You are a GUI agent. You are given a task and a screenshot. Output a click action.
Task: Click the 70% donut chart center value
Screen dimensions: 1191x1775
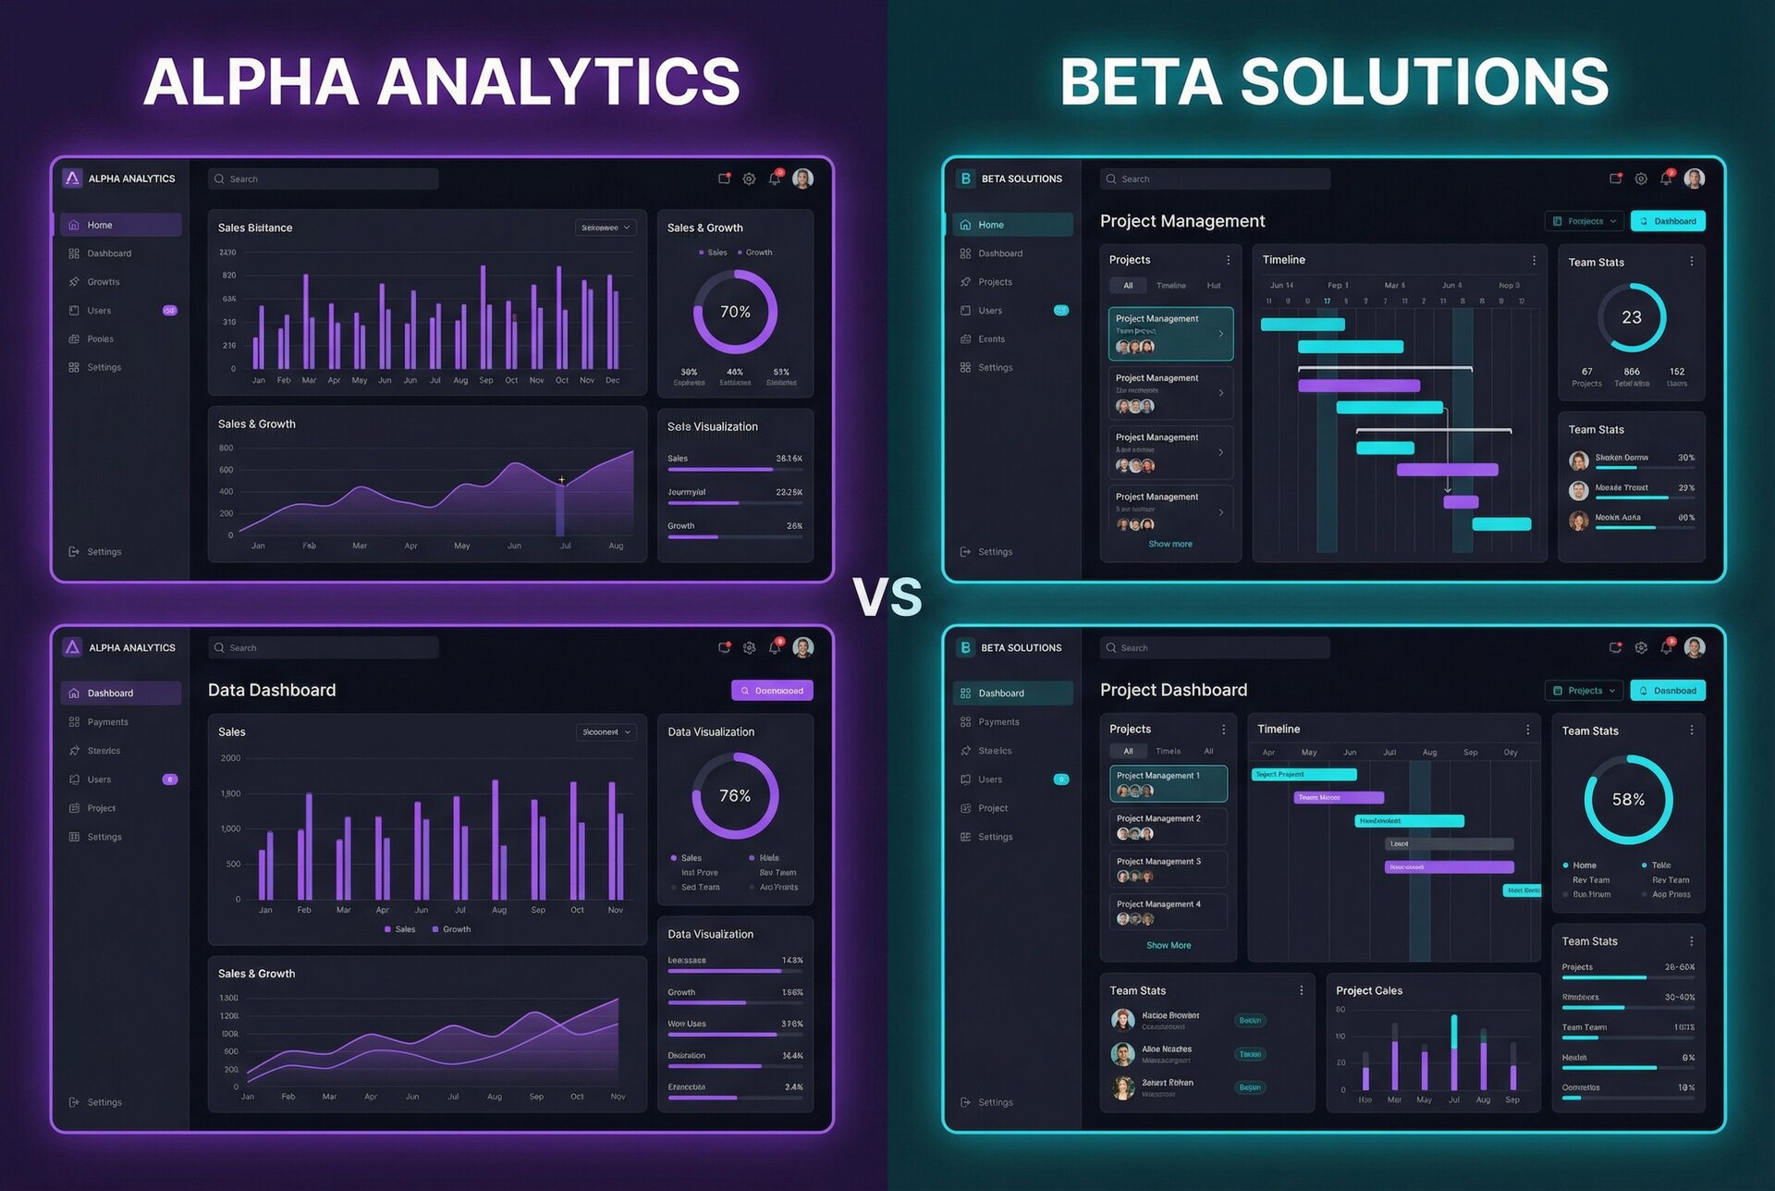coord(735,312)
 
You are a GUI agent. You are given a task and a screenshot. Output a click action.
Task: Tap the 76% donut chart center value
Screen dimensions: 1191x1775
coord(735,795)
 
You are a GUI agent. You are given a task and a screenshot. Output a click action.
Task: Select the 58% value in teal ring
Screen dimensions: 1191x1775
coord(1628,799)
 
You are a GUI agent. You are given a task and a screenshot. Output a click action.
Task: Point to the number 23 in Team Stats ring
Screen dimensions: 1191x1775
coord(1632,317)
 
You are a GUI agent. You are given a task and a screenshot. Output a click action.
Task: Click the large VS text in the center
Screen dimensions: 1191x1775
coord(887,597)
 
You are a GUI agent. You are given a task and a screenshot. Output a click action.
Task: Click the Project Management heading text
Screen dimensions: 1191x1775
coord(1181,221)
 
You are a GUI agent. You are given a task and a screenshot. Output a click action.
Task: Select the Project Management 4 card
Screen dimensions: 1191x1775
coord(1168,911)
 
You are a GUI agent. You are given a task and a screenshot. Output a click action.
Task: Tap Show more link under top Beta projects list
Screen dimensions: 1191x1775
coord(1169,544)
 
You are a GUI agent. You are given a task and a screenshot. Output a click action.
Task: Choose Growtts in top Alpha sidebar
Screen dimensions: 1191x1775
coord(103,282)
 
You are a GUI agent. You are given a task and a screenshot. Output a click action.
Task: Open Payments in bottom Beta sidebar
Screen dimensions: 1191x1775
coord(998,722)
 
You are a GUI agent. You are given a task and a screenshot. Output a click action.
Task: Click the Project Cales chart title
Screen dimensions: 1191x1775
coord(1368,990)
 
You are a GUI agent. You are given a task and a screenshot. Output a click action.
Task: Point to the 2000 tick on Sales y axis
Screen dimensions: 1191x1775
coord(230,758)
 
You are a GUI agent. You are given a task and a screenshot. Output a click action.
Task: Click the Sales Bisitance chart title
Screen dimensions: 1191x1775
coord(255,227)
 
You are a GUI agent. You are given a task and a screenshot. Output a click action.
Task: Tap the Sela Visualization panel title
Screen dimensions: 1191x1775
coord(712,426)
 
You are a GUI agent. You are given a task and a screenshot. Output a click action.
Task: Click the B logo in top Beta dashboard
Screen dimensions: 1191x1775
coord(965,178)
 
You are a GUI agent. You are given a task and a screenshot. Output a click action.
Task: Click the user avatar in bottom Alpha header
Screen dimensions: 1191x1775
coord(802,647)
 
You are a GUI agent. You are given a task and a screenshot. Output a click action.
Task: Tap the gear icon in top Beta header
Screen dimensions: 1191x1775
coord(1640,178)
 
